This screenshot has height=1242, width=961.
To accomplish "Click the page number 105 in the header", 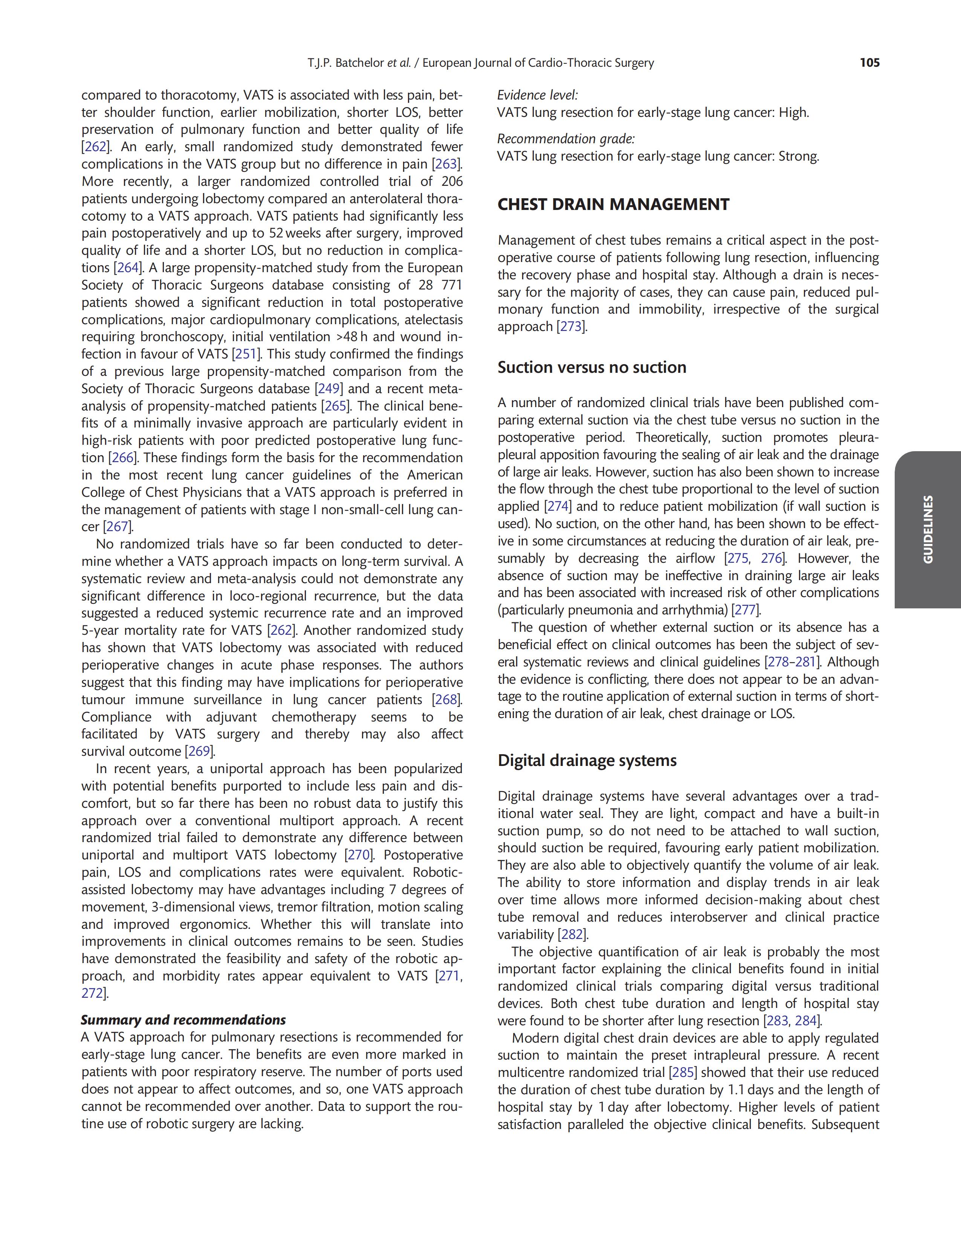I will click(869, 63).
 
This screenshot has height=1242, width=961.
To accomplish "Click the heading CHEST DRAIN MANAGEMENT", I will click(613, 205).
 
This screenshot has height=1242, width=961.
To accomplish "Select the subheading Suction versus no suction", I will click(591, 368).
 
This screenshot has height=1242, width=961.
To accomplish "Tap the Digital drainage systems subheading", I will click(587, 761).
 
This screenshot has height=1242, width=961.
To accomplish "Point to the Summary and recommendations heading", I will click(183, 1020).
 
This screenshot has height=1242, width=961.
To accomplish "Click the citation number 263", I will click(446, 164).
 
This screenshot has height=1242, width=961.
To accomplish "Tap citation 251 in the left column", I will click(246, 354).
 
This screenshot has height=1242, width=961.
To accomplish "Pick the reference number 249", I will click(329, 389).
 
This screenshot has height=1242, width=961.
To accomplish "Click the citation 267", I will click(118, 527).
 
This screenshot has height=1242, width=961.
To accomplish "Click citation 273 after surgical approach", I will click(571, 327).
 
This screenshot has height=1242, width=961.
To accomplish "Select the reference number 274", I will click(558, 507).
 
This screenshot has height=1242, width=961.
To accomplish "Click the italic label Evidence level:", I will click(537, 95).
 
